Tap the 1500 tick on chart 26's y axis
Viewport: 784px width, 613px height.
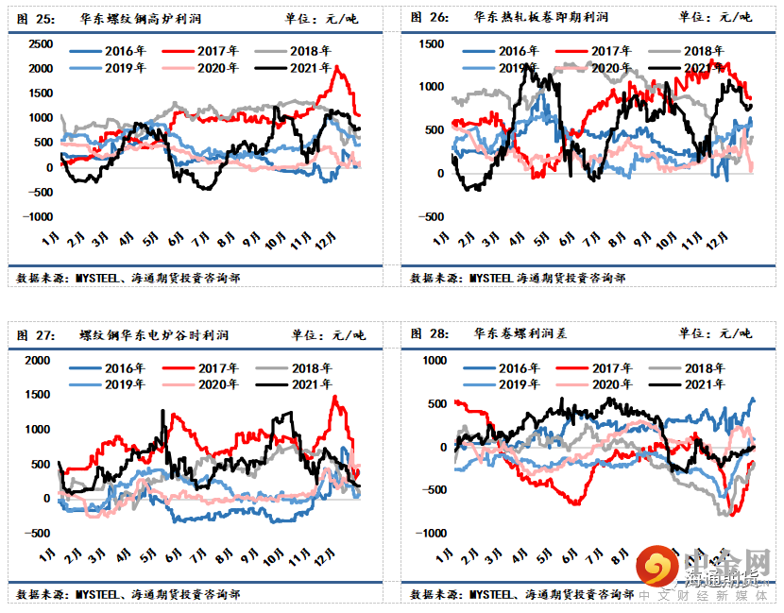point(431,44)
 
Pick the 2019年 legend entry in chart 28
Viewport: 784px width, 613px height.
point(509,383)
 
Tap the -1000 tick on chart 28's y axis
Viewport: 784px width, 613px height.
point(429,534)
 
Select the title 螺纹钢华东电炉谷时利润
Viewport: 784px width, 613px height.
point(154,334)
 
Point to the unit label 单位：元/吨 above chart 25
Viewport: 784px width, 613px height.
point(321,17)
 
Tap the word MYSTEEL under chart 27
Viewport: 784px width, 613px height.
point(99,595)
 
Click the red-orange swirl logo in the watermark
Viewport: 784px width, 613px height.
point(654,568)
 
